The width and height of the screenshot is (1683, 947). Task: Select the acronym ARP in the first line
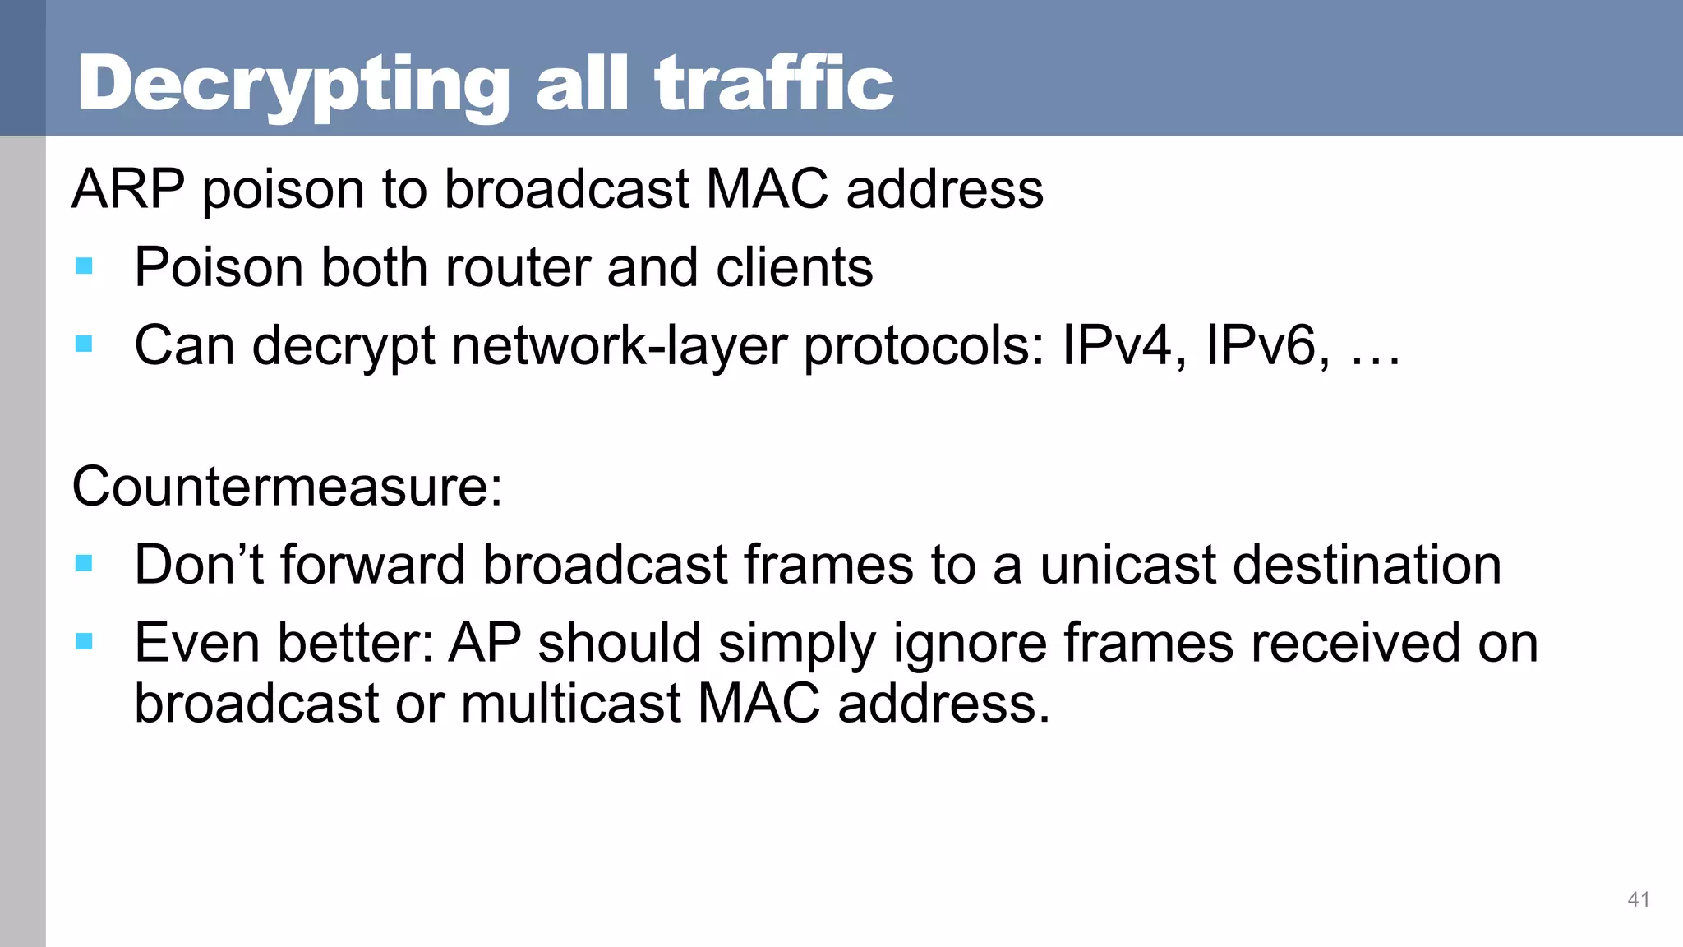(x=128, y=189)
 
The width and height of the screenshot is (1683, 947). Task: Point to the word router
(x=516, y=267)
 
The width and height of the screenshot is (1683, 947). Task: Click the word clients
(x=794, y=267)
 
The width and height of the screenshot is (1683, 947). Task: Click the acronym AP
(x=484, y=642)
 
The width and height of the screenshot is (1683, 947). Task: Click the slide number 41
(x=1638, y=899)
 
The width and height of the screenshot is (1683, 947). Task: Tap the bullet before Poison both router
(x=84, y=266)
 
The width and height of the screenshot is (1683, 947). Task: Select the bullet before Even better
(x=84, y=640)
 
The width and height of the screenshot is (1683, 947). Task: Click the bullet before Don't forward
(x=84, y=563)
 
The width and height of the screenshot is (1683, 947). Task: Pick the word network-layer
(x=619, y=344)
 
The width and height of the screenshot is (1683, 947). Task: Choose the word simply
(x=796, y=644)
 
